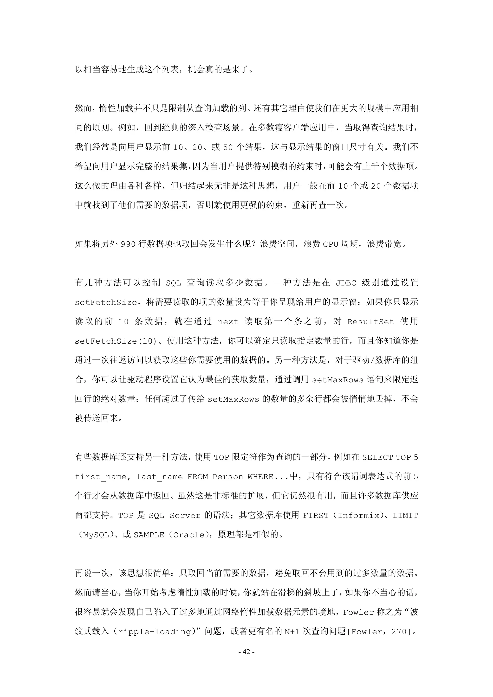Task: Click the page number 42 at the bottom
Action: (246, 652)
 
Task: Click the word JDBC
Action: (346, 283)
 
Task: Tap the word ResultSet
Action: (370, 322)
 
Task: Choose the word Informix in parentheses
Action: (358, 515)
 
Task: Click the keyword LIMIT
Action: (405, 515)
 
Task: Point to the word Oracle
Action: (189, 535)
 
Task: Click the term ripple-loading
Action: (155, 632)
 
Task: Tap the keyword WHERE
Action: (260, 477)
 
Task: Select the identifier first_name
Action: (101, 477)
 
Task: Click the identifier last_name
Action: (159, 477)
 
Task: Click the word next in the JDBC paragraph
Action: (228, 322)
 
